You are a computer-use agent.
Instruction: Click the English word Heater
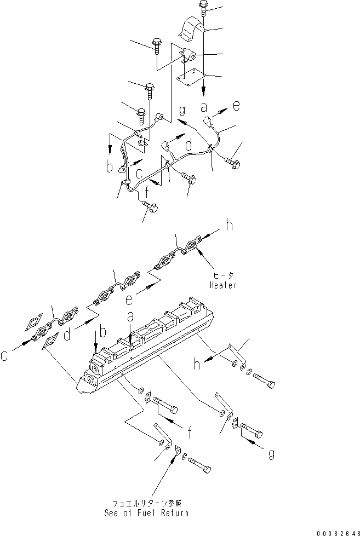click(223, 285)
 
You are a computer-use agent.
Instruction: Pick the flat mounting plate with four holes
click(190, 77)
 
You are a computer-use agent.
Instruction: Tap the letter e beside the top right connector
click(236, 107)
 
